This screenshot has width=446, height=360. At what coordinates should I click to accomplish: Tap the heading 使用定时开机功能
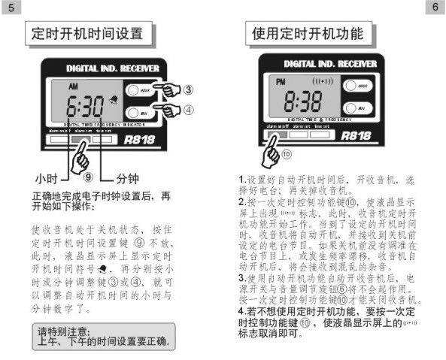pyautogui.click(x=308, y=34)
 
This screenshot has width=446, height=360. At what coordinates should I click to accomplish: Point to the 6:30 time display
pyautogui.click(x=84, y=104)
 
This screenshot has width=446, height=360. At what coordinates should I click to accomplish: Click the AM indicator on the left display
pyautogui.click(x=73, y=86)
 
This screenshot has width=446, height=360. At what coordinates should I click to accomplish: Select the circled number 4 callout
pyautogui.click(x=189, y=109)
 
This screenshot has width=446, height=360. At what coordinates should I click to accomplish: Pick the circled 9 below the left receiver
pyautogui.click(x=88, y=178)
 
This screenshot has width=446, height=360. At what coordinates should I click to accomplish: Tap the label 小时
pyautogui.click(x=47, y=179)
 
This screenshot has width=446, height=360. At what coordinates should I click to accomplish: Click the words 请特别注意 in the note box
pyautogui.click(x=63, y=331)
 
